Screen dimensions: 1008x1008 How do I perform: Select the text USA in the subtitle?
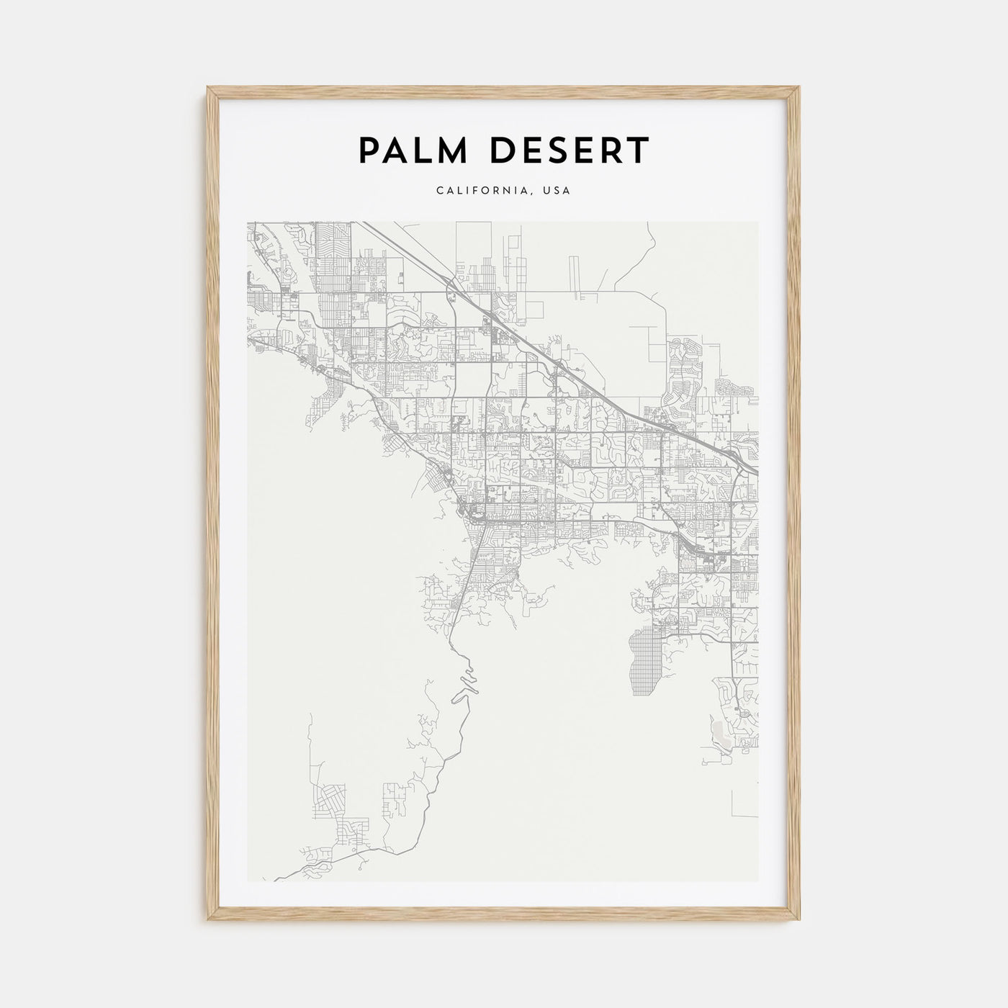(557, 191)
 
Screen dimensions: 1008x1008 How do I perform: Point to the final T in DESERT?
(639, 150)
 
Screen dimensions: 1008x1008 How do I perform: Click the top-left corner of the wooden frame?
(208, 88)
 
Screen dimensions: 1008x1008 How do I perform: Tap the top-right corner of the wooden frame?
(799, 88)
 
